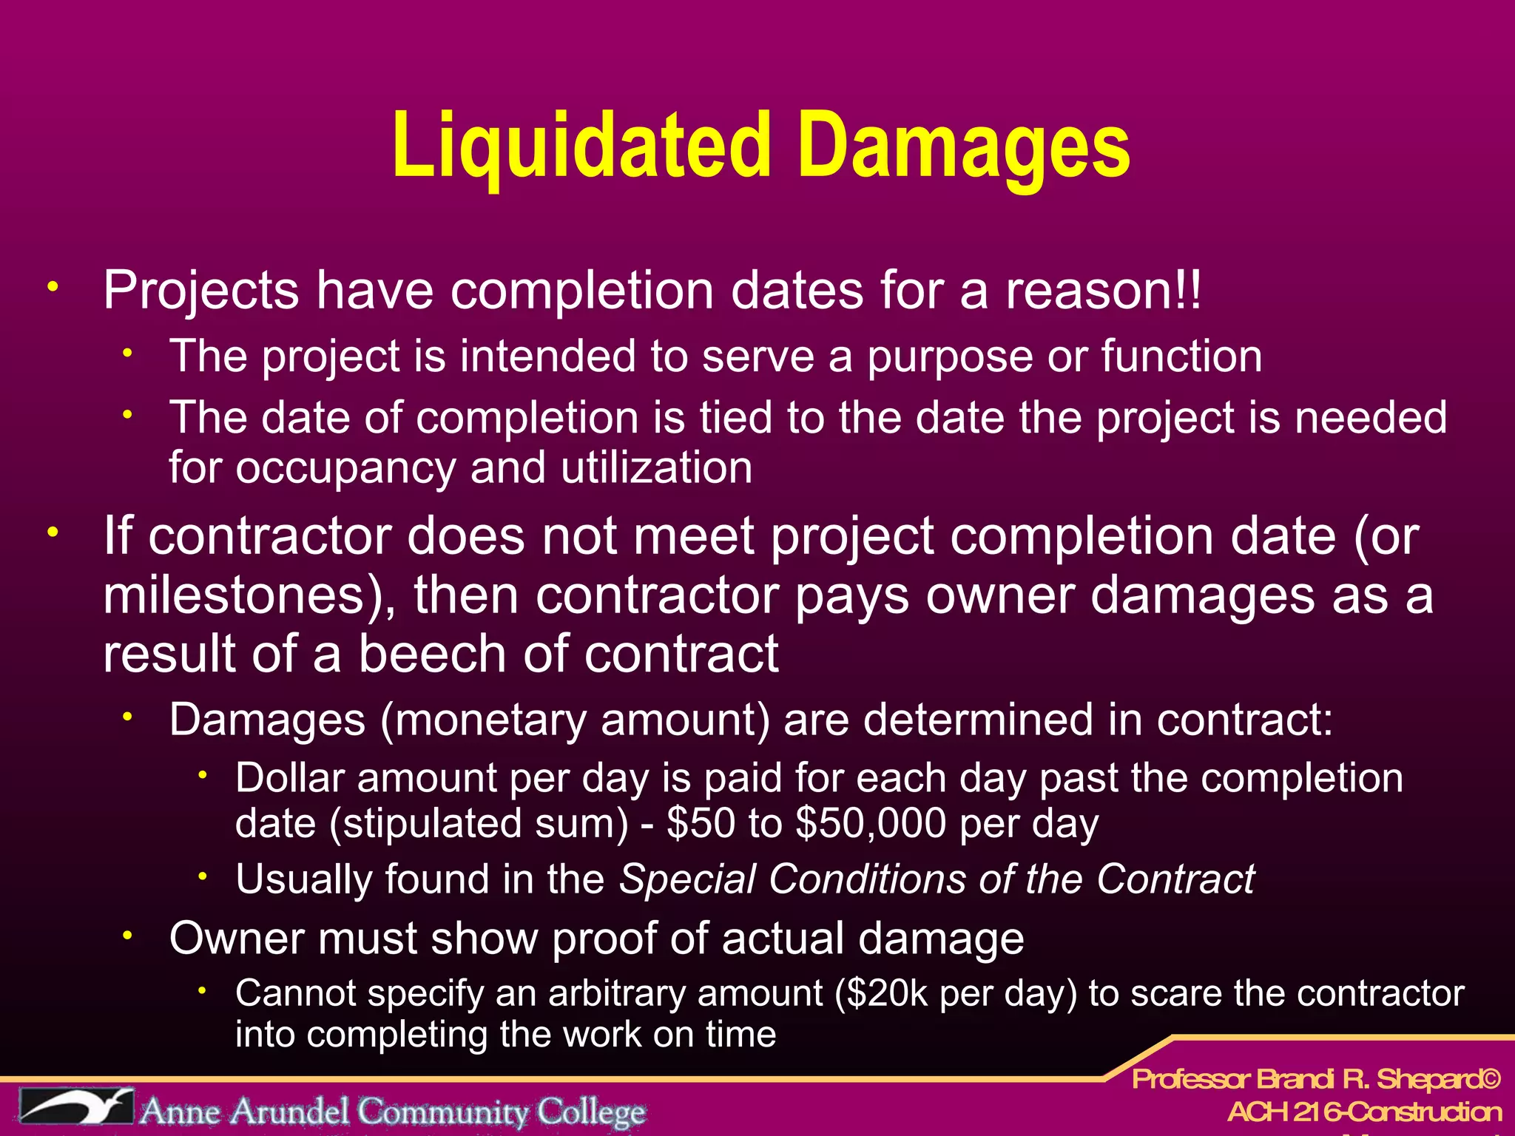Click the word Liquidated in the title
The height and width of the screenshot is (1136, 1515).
pos(581,145)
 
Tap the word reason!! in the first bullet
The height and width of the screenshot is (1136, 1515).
pos(1103,290)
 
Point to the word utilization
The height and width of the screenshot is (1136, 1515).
pos(656,467)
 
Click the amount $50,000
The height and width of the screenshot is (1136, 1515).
pos(870,822)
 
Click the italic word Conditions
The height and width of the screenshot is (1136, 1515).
pos(866,879)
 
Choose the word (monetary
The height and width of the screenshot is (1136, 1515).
pos(484,720)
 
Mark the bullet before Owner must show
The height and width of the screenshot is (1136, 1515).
pos(127,936)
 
